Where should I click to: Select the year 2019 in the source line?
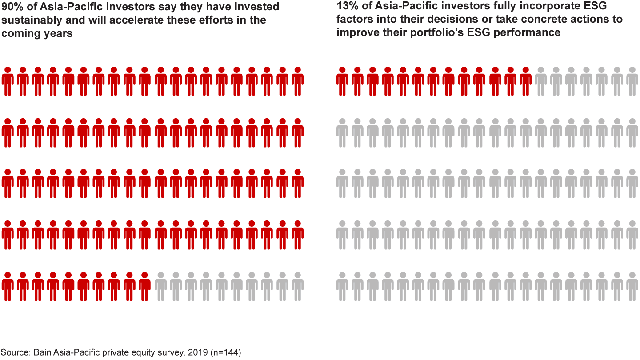tap(200, 353)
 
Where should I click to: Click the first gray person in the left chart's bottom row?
tap(160, 287)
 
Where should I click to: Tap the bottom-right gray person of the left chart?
tap(297, 287)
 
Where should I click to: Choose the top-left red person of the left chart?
tap(8, 81)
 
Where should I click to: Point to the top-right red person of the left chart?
tap(297, 81)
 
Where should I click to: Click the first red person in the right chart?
tap(342, 81)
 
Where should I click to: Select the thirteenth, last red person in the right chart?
tap(526, 81)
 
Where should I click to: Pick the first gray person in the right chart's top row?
tap(541, 81)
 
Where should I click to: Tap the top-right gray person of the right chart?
tap(632, 81)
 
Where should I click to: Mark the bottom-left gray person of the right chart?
tap(342, 287)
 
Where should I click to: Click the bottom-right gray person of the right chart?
tap(632, 287)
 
